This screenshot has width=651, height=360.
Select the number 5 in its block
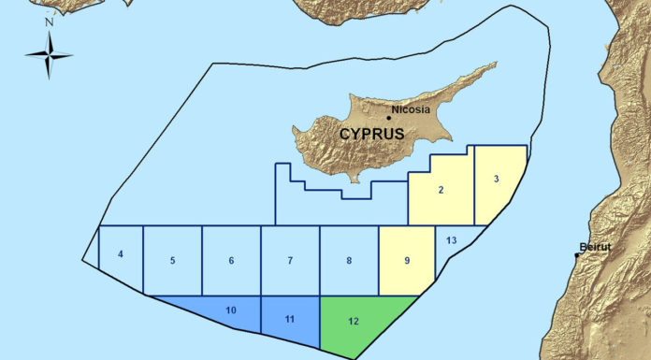pos(173,260)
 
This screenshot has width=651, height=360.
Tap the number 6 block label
pos(231,260)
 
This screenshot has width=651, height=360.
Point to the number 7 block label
pos(290,260)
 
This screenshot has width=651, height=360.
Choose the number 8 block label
pos(349,260)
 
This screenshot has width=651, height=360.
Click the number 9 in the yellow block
pos(407,260)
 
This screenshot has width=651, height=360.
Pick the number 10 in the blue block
pos(231,308)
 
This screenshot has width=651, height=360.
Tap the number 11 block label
pos(290,319)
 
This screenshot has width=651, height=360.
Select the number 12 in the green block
pos(353,321)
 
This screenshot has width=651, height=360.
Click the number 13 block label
pos(451,241)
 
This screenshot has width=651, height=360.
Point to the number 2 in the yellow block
pos(440,190)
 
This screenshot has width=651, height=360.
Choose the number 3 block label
pos(497,178)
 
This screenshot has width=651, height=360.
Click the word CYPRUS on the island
pos(371,134)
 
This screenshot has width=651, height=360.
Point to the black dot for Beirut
pos(576,254)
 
